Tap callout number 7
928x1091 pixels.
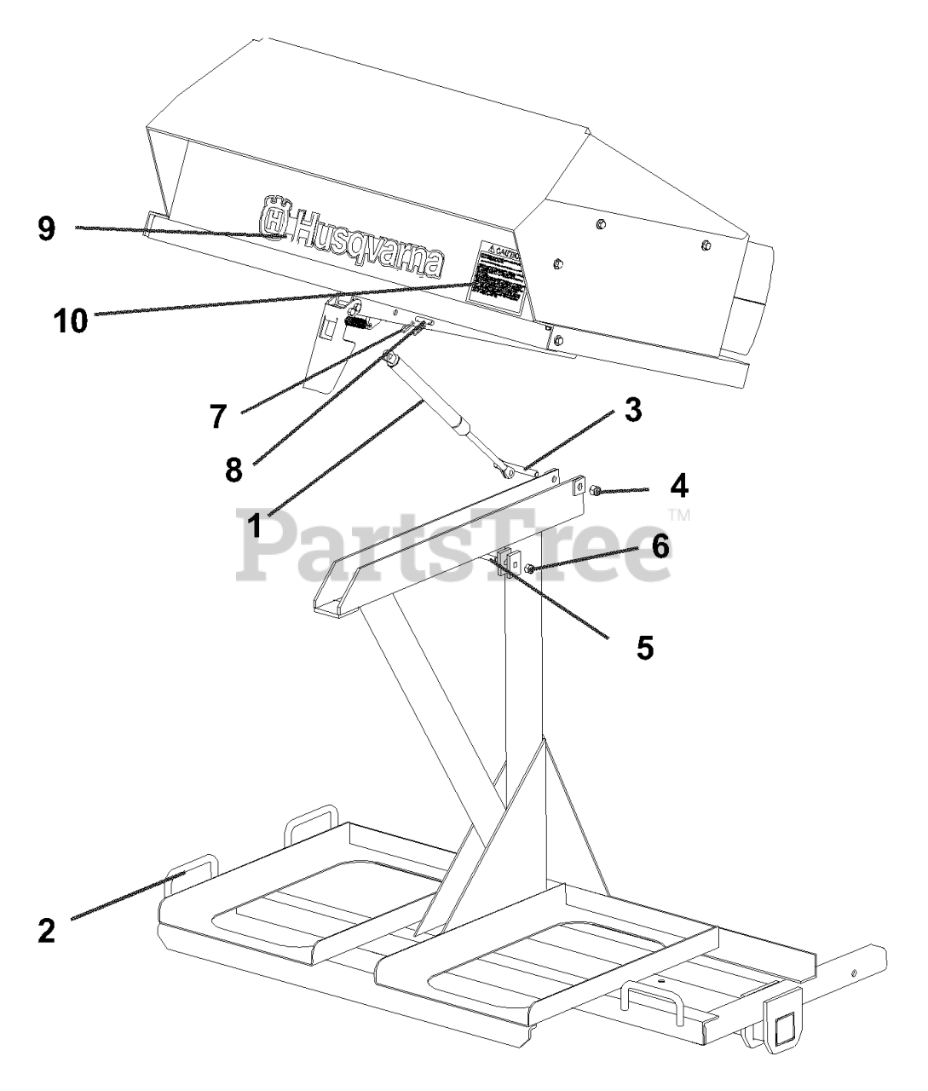220,416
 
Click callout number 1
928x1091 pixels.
255,522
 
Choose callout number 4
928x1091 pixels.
678,487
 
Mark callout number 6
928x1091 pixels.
661,545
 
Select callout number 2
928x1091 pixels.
46,929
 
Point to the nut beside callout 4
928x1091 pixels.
596,490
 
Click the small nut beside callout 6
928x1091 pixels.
530,569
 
